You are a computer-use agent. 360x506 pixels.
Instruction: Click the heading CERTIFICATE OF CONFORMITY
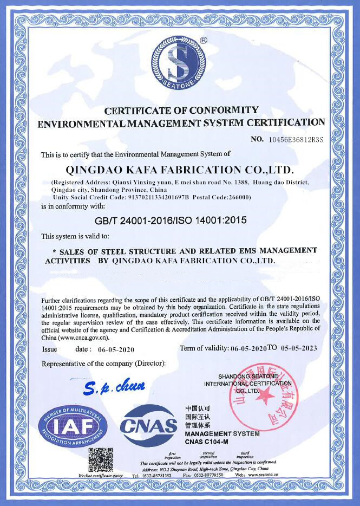coord(181,111)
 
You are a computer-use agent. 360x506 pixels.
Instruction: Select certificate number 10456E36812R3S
coord(296,140)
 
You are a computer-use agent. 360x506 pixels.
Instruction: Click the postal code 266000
coord(238,198)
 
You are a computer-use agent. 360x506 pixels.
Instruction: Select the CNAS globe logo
coord(149,426)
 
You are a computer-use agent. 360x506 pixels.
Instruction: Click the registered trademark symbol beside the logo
coord(203,40)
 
